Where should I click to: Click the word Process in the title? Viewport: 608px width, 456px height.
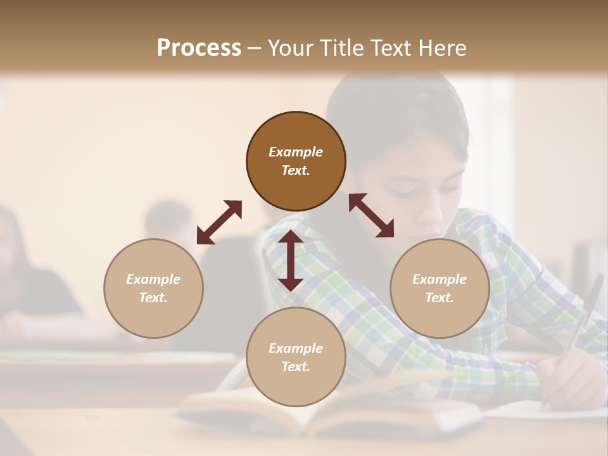click(x=199, y=48)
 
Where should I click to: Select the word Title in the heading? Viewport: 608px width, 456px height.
click(x=341, y=48)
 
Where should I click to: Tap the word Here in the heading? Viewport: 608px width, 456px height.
click(x=441, y=48)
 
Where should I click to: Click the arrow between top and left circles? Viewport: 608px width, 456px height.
click(x=219, y=222)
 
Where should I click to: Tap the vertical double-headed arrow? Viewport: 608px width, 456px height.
click(x=291, y=260)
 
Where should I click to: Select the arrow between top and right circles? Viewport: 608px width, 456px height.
click(x=371, y=215)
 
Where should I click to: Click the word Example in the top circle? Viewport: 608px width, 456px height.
click(x=296, y=152)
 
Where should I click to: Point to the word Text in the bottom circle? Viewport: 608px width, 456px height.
click(x=296, y=367)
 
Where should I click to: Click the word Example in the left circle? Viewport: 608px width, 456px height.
click(x=153, y=279)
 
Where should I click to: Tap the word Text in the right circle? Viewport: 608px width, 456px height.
click(x=440, y=298)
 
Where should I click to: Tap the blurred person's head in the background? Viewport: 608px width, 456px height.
click(x=168, y=218)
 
